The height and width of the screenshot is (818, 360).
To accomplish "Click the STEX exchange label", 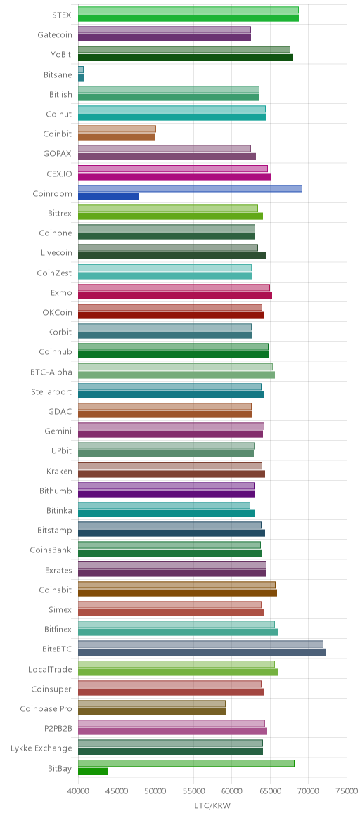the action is [63, 15].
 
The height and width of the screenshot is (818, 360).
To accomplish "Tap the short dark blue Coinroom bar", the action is [108, 197].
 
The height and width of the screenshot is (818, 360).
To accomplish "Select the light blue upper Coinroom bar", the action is [190, 188].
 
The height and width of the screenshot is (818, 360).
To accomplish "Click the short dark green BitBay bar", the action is [94, 771].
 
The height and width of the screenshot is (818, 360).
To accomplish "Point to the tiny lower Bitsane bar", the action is [81, 78].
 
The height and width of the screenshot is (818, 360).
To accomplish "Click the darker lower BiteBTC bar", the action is [202, 651].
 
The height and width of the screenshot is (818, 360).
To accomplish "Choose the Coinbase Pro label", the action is [46, 708].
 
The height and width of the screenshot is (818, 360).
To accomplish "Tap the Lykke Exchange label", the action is [41, 748].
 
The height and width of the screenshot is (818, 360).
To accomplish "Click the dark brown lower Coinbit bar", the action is [117, 136].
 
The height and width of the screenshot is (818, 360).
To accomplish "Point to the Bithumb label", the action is [56, 491].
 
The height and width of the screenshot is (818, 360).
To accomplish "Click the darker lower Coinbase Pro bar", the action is [152, 711].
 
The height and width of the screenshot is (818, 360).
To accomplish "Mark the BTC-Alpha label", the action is [51, 372].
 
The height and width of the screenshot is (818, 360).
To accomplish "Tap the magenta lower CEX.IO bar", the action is [174, 176].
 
